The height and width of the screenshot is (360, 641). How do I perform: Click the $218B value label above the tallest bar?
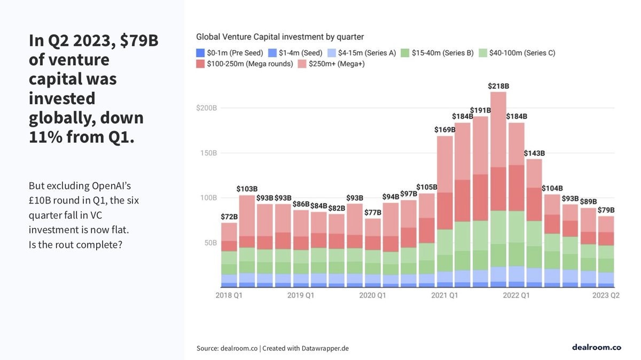[x=498, y=86]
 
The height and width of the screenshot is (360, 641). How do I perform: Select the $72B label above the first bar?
[x=229, y=217]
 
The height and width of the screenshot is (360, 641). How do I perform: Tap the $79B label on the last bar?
[x=606, y=210]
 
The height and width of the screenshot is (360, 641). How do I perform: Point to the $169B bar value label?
[x=444, y=130]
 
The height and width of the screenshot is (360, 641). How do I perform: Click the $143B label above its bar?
[x=534, y=153]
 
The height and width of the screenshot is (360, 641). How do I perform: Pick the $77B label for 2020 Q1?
[x=372, y=213]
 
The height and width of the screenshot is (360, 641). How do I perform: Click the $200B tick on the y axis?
[x=206, y=108]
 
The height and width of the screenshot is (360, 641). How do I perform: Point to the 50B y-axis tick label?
[x=209, y=242]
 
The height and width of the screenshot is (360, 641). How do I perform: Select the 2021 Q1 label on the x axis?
[x=444, y=295]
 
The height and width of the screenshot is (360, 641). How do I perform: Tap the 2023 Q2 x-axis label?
[x=606, y=295]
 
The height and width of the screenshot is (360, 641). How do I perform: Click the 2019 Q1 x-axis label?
[x=301, y=295]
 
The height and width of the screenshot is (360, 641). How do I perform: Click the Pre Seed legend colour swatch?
[x=200, y=53]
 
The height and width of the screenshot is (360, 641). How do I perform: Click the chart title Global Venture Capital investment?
[x=280, y=37]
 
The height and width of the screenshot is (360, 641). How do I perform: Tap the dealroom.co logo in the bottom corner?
[x=596, y=347]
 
